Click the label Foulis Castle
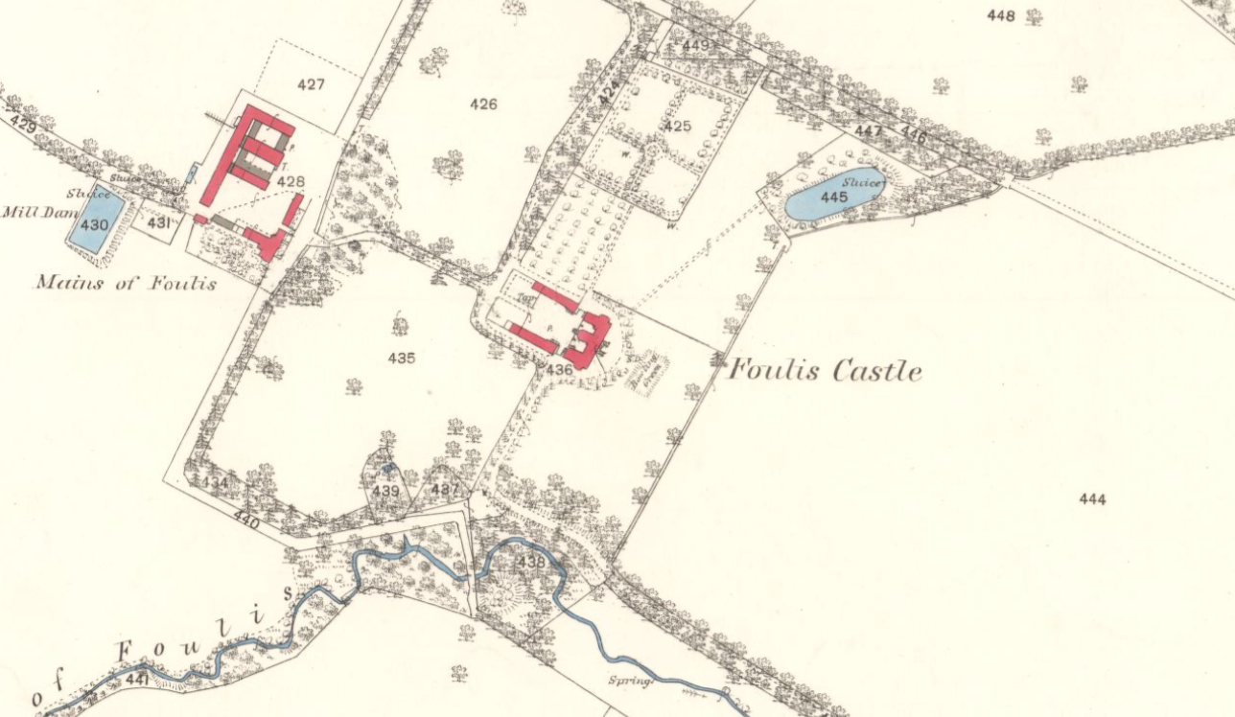tap(826, 370)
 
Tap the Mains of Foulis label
tap(126, 282)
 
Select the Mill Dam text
tap(32, 211)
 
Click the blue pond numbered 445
tap(833, 198)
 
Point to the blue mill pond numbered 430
tap(95, 223)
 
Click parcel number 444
tap(1092, 498)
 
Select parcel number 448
tap(1000, 15)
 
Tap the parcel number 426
tap(483, 104)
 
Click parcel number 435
tap(402, 358)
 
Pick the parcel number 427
tap(311, 84)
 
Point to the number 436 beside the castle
tap(559, 368)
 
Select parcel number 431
tap(159, 222)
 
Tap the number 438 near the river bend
tap(529, 562)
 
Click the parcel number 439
tap(385, 490)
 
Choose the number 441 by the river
tap(137, 679)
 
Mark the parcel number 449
tap(695, 45)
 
